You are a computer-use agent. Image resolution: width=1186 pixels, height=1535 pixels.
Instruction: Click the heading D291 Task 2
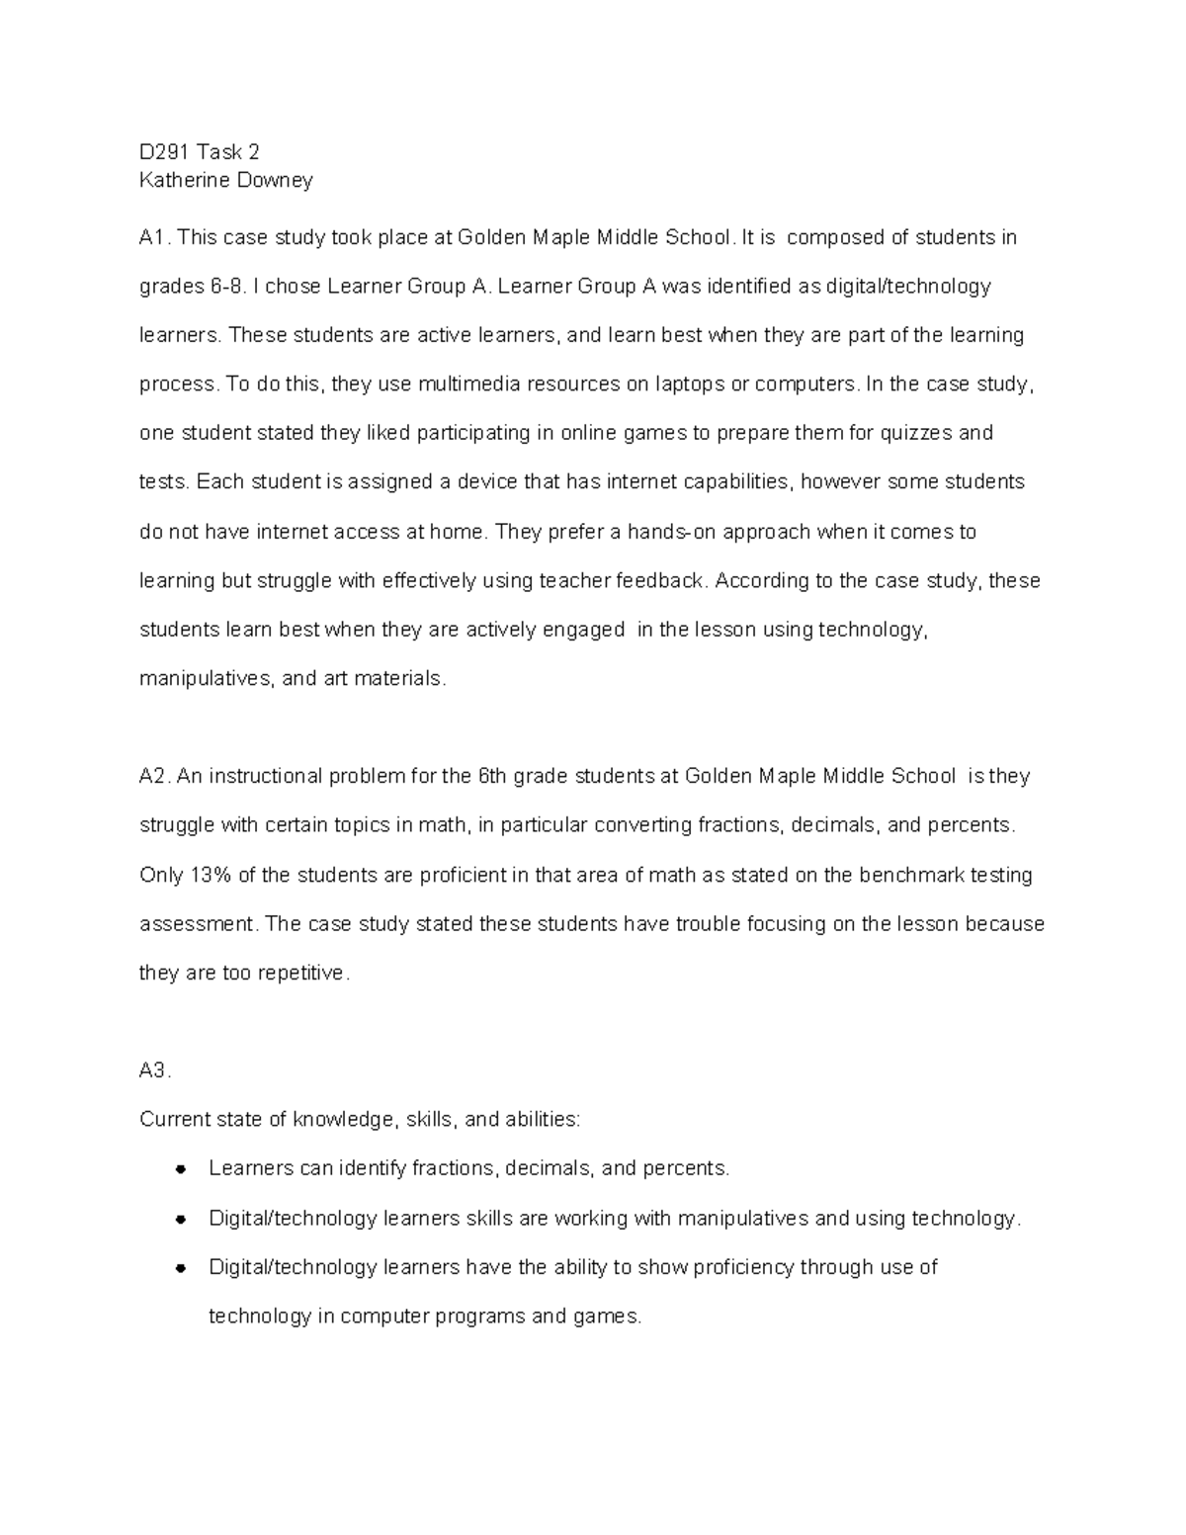[x=199, y=152]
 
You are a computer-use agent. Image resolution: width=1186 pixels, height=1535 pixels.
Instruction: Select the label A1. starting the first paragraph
[x=155, y=238]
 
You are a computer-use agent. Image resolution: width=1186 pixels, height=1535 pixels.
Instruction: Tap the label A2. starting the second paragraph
[x=155, y=777]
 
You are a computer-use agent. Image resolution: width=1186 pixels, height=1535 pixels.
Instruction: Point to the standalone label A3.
[x=155, y=1070]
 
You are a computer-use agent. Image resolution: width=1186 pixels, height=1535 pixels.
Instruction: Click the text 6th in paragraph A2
[x=492, y=777]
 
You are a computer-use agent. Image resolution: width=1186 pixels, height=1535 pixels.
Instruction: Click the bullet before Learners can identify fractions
[x=181, y=1169]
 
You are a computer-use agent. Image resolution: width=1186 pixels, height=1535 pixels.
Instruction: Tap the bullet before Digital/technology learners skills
[x=181, y=1219]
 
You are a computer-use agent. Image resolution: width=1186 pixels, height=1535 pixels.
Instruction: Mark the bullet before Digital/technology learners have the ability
[x=181, y=1268]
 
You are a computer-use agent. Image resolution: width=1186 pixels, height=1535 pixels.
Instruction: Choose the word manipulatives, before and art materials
[x=208, y=680]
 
